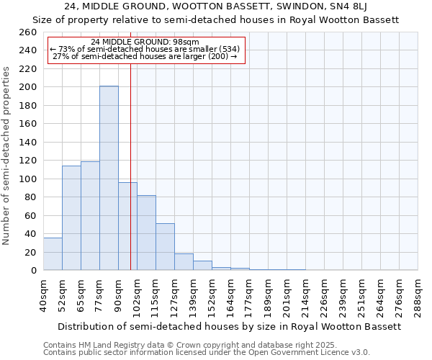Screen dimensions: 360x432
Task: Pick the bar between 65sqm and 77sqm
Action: pos(90,216)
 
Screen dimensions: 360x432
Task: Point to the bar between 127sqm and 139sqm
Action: pos(184,262)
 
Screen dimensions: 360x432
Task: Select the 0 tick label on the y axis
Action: pos(34,271)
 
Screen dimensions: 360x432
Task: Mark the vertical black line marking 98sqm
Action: pos(130,166)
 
